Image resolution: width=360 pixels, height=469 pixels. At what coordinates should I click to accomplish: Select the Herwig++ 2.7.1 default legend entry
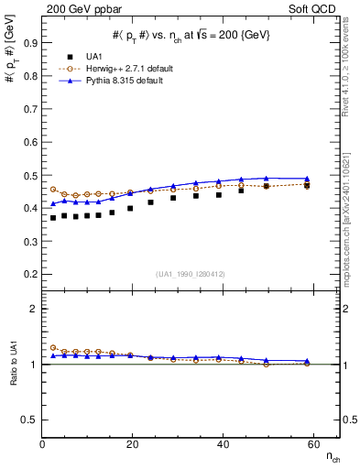click(x=123, y=69)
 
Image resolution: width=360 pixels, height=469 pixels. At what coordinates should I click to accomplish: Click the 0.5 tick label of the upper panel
click(x=31, y=175)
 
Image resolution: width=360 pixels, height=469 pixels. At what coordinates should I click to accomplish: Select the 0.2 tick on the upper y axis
click(x=31, y=274)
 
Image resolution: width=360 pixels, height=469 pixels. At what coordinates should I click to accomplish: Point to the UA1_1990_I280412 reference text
click(x=191, y=274)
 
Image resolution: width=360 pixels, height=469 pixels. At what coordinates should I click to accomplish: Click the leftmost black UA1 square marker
click(x=53, y=217)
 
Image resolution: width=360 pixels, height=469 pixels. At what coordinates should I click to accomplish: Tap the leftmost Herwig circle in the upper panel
click(x=53, y=190)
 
